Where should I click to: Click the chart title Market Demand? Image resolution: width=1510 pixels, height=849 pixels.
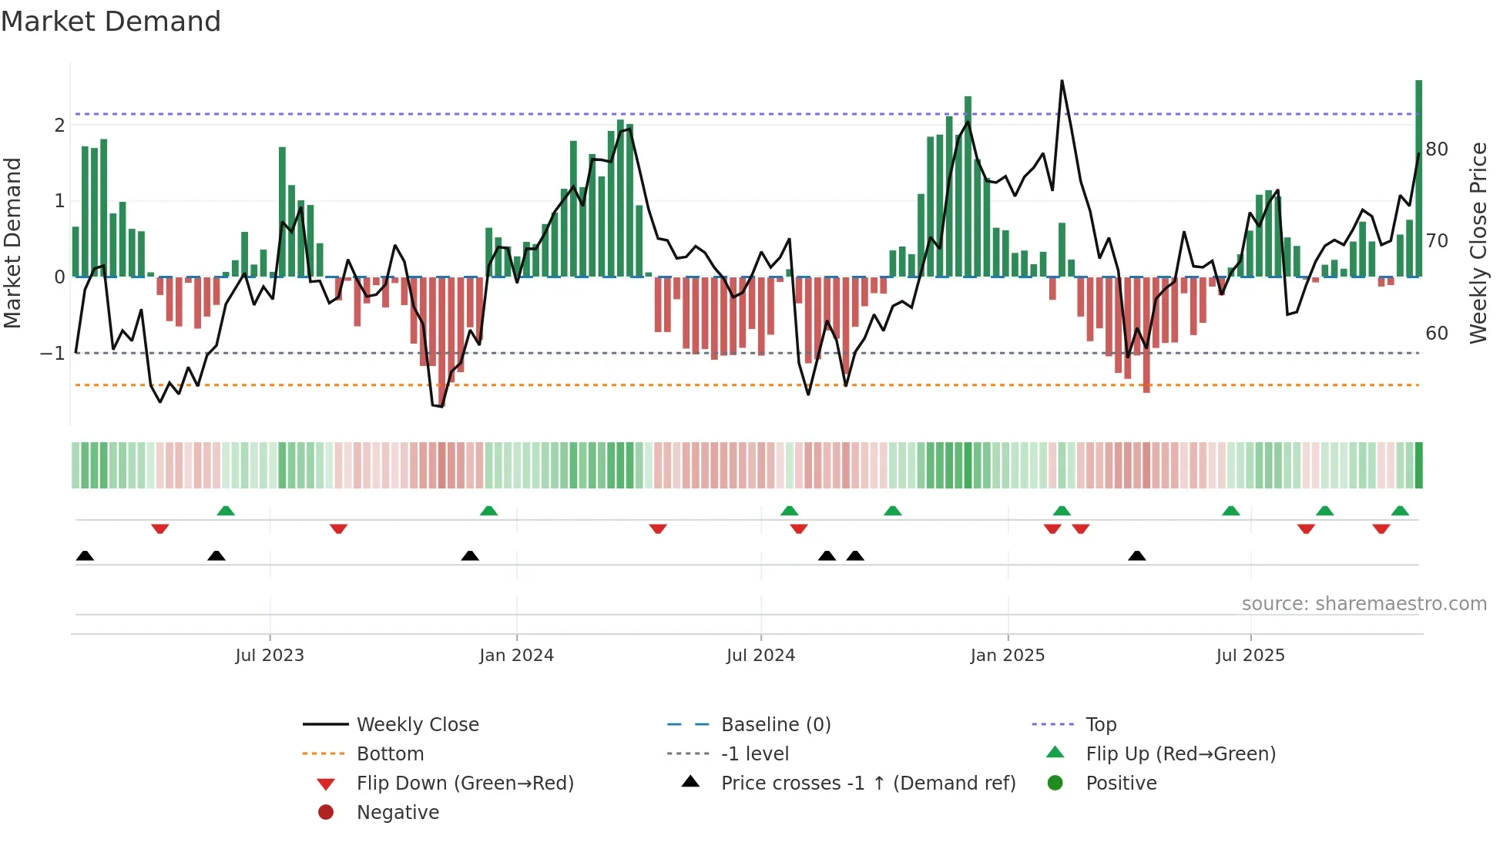pos(111,21)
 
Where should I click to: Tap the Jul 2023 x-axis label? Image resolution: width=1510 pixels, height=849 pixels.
pos(270,656)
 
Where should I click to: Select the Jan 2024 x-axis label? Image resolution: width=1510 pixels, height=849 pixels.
pos(516,656)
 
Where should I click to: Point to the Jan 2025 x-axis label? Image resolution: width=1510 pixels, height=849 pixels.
pos(1007,656)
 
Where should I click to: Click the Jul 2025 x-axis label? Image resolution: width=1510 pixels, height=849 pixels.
pos(1250,656)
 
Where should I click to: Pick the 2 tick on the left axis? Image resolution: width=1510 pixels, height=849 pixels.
pos(59,126)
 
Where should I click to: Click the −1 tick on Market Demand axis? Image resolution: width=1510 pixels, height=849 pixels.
pos(52,354)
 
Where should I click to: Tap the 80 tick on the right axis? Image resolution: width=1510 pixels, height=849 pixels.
pos(1437,149)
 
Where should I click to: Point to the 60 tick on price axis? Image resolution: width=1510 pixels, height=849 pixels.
pos(1437,334)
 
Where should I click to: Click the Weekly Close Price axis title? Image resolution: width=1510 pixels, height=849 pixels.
pos(1478,243)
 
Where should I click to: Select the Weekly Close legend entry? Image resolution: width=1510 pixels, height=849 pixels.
pos(417,725)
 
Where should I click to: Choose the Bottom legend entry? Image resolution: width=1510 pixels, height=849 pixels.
pos(390,754)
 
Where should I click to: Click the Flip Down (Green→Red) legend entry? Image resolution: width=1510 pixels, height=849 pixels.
pos(465,784)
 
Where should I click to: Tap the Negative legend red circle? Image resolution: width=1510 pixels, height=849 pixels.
pos(326,813)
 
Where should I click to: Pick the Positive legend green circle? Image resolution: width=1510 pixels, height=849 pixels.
pos(1055,784)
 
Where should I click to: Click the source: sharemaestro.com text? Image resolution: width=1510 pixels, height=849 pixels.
pos(1364,604)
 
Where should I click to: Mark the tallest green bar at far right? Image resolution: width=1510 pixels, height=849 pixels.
pos(1418,177)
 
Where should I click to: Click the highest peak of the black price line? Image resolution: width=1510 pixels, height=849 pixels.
pos(1062,81)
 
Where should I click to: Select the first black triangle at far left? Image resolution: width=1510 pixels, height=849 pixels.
pos(85,556)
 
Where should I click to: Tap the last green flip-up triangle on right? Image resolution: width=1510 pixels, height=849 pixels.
pos(1400,511)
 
